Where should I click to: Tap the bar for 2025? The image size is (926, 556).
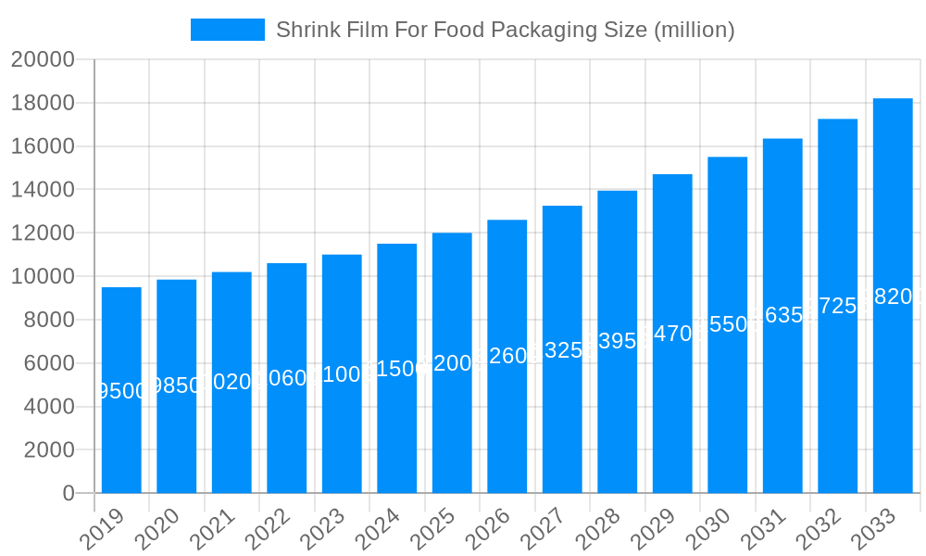point(452,362)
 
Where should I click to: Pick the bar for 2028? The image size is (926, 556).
point(618,342)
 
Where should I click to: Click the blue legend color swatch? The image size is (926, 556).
point(228,30)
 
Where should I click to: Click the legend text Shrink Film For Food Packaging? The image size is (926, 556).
point(506,30)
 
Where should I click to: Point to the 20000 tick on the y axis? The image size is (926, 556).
point(43,60)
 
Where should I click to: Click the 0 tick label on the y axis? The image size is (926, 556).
point(69,494)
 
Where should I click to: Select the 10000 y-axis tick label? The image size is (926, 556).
point(43,277)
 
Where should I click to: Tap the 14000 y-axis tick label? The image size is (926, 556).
point(43,190)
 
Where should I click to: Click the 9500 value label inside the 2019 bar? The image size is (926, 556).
point(121,391)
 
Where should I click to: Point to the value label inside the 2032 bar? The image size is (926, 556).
point(837,306)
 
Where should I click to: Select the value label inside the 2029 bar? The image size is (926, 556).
point(672,334)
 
